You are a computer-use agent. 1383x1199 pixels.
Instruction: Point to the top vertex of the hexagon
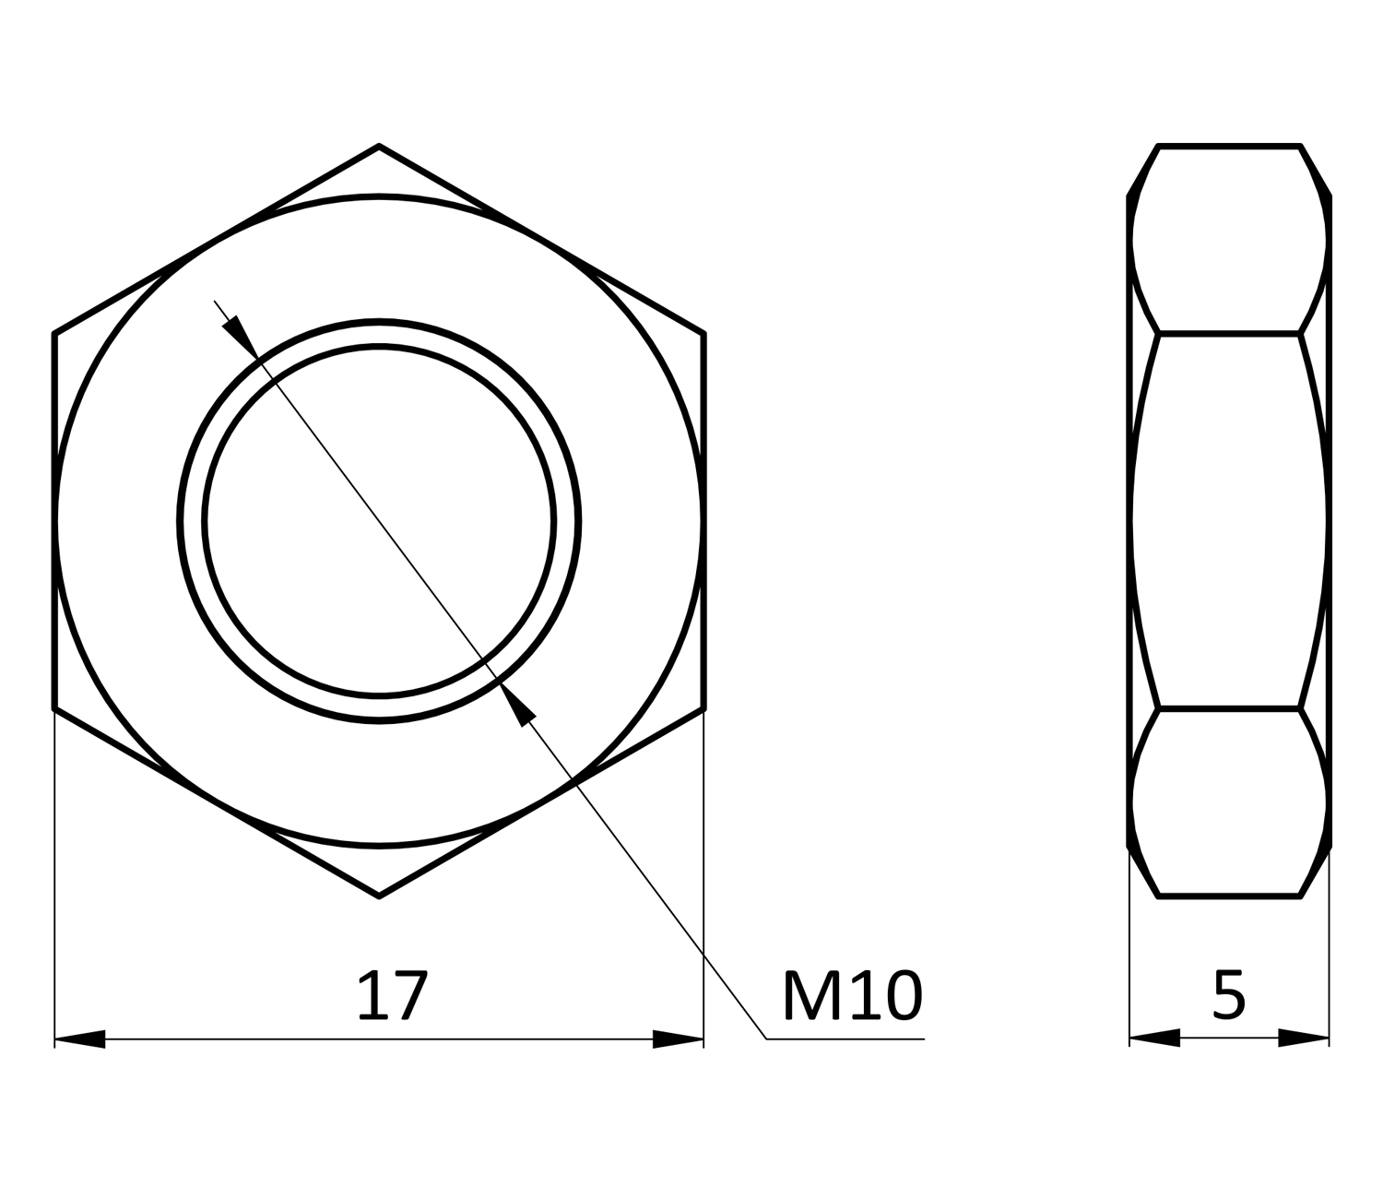(x=379, y=146)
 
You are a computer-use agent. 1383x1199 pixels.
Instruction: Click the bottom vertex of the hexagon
(x=379, y=896)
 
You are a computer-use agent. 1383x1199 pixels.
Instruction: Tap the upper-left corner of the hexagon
(x=54, y=333)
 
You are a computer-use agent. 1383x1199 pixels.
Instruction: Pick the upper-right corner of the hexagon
(x=703, y=333)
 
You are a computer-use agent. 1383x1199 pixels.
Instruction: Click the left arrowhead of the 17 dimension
(x=79, y=1039)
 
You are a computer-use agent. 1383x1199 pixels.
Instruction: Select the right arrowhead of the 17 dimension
(x=678, y=1039)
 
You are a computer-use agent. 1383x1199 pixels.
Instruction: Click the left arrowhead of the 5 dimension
(x=1155, y=1038)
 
